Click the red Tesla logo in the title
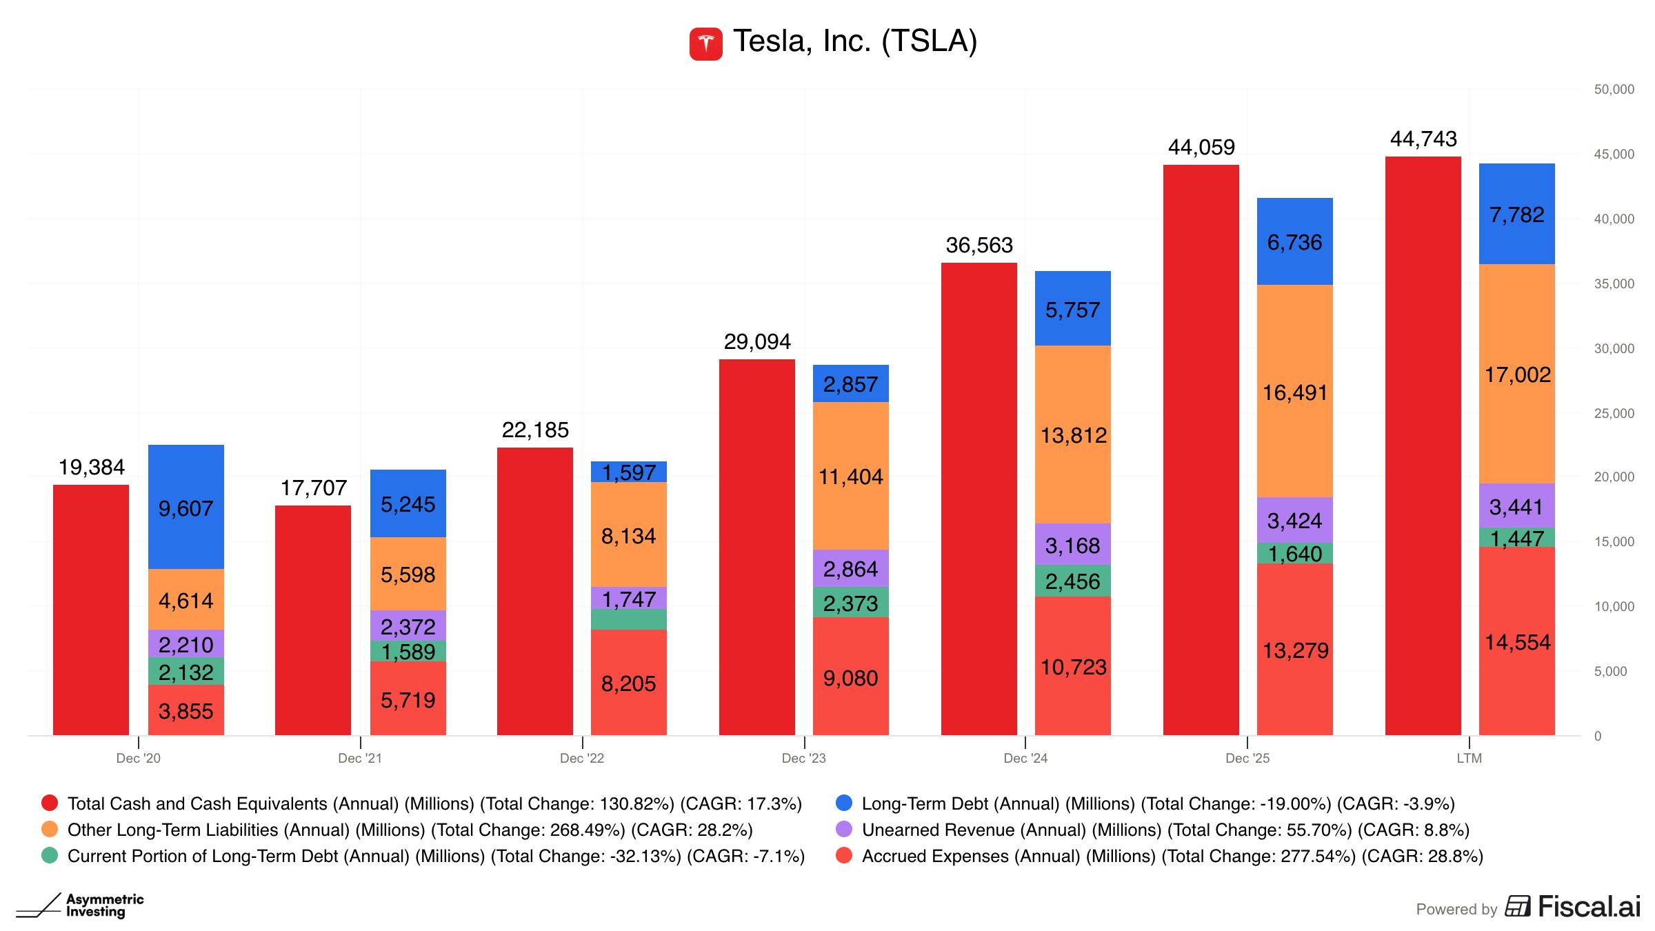705,43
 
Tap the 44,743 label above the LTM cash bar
1423,139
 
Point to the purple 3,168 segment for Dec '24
1072,545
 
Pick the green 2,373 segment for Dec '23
850,603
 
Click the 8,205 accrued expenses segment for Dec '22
628,683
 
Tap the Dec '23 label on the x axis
803,759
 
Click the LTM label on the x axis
1469,759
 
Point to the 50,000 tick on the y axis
1614,90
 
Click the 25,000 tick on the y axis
1614,413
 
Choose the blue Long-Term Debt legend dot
843,803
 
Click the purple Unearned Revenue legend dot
843,829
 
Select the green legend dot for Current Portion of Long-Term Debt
50,855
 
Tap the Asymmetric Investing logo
81,905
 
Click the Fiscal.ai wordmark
1589,907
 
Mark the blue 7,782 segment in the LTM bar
1516,214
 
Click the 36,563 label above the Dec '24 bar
979,246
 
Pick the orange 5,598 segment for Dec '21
408,574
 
